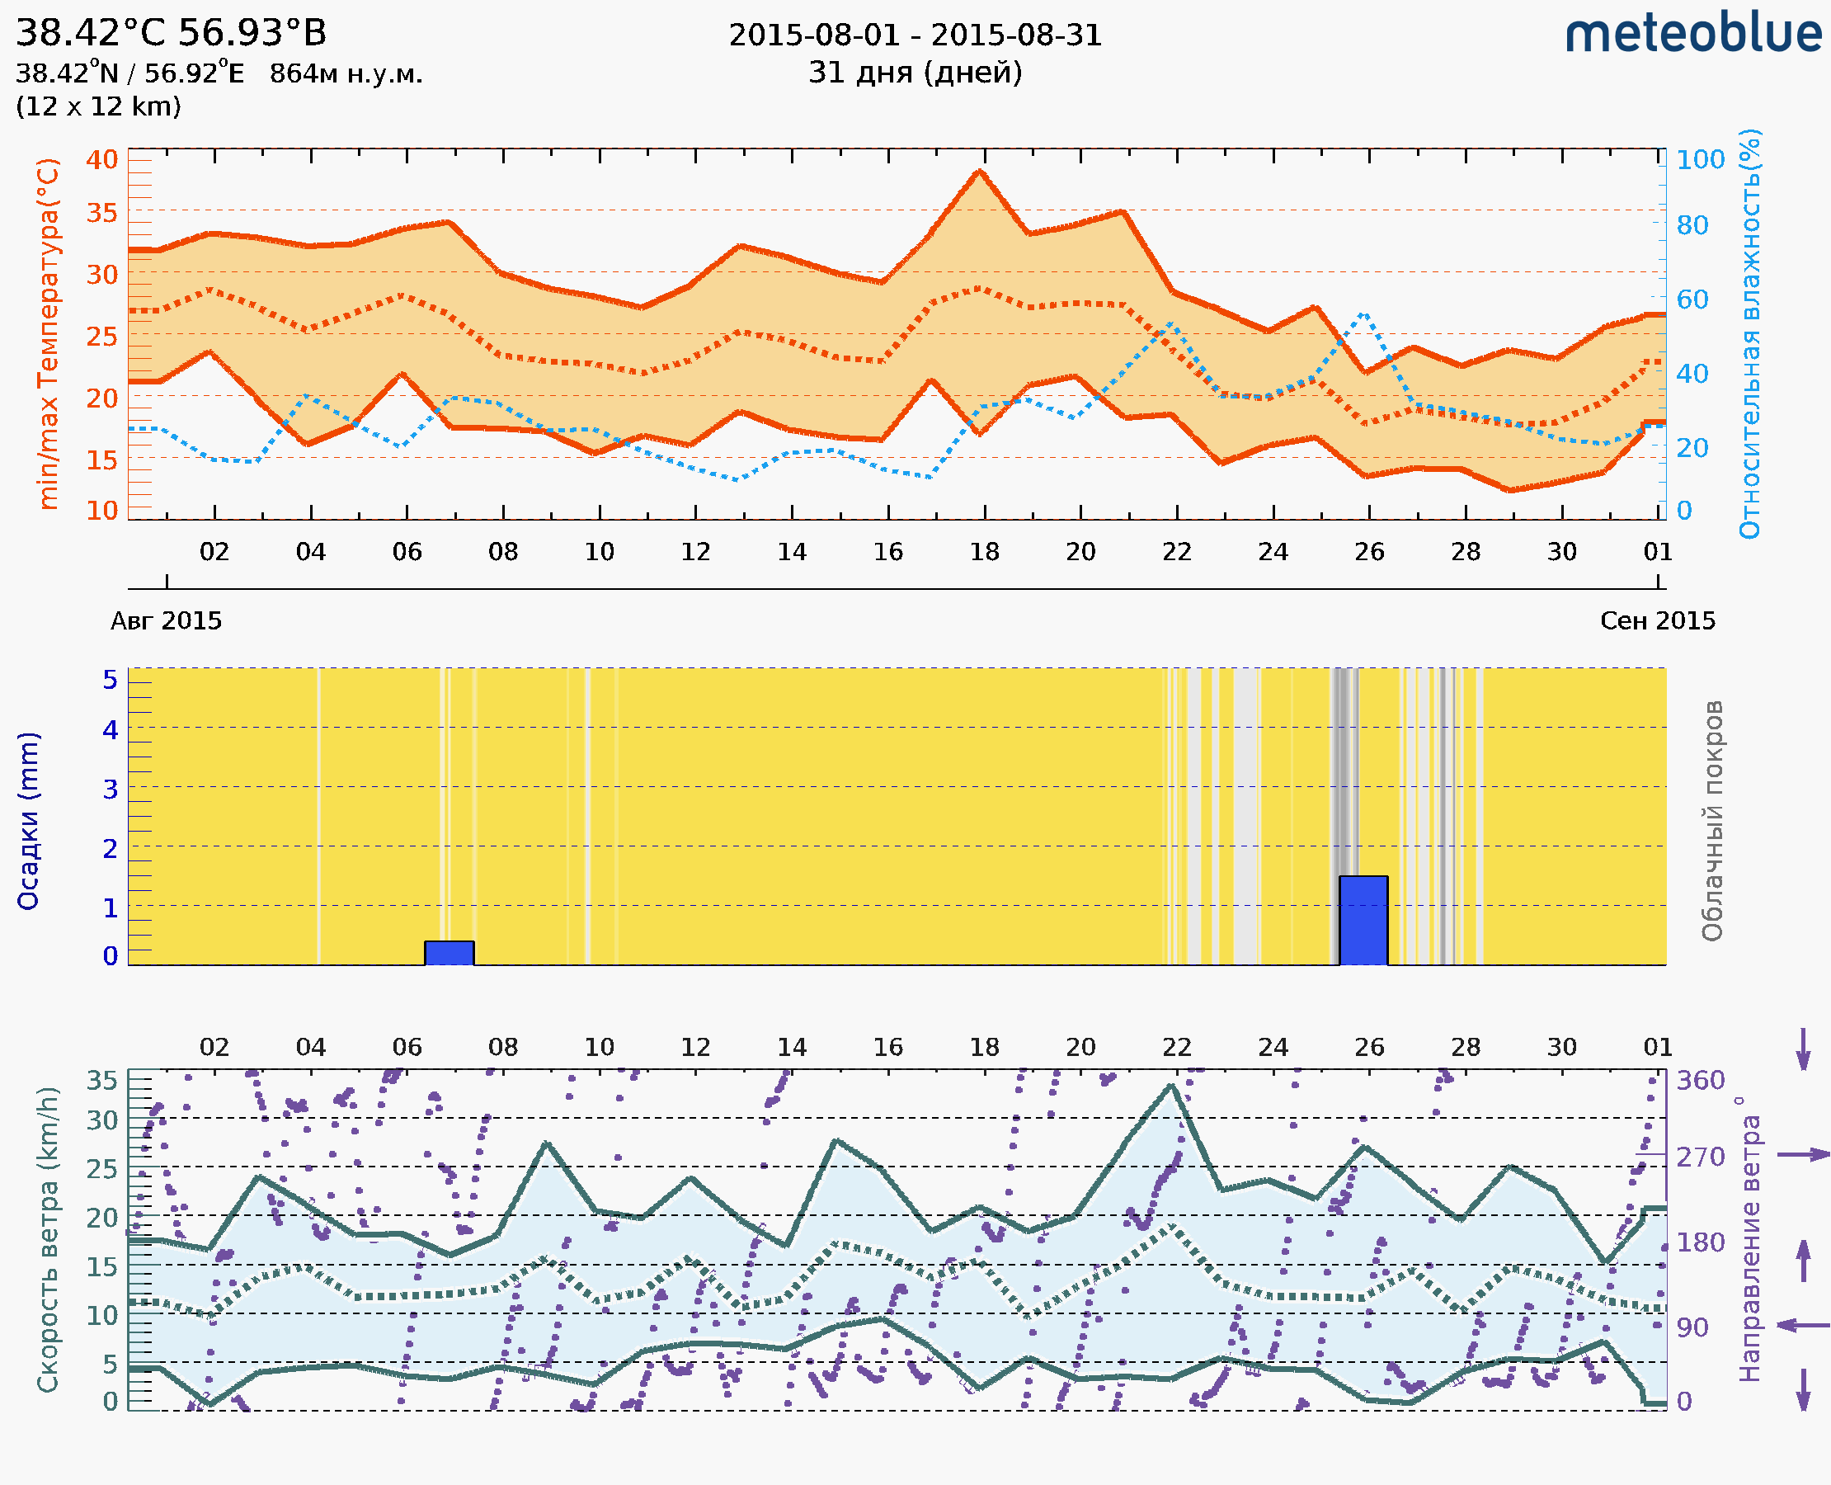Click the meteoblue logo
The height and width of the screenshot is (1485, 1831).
[x=1693, y=34]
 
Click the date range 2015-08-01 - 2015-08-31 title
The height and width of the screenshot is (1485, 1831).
[x=915, y=35]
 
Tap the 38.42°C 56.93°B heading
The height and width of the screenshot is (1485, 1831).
[x=171, y=32]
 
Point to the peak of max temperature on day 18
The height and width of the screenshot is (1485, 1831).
[x=980, y=172]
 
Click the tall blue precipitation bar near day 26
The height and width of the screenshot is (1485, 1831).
[x=1363, y=921]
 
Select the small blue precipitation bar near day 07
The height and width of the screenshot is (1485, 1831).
[x=449, y=953]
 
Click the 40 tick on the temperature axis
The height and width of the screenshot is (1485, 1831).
[x=101, y=159]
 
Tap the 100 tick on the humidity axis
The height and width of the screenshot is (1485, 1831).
[x=1700, y=159]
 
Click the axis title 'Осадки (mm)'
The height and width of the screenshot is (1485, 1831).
[x=28, y=821]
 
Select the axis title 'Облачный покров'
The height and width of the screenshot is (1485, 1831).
[x=1712, y=821]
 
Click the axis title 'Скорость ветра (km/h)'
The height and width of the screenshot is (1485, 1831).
[x=48, y=1240]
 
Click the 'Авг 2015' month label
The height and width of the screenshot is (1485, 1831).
[x=166, y=621]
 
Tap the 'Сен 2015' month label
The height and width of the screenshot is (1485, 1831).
[x=1658, y=621]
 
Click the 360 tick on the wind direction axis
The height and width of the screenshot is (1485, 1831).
[x=1700, y=1081]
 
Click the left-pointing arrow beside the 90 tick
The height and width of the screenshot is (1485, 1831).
[x=1803, y=1326]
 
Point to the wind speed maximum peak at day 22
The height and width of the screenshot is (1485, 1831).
[x=1173, y=1087]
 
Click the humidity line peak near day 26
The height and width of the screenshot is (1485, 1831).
[x=1364, y=315]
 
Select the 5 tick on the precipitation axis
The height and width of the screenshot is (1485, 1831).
[x=111, y=680]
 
